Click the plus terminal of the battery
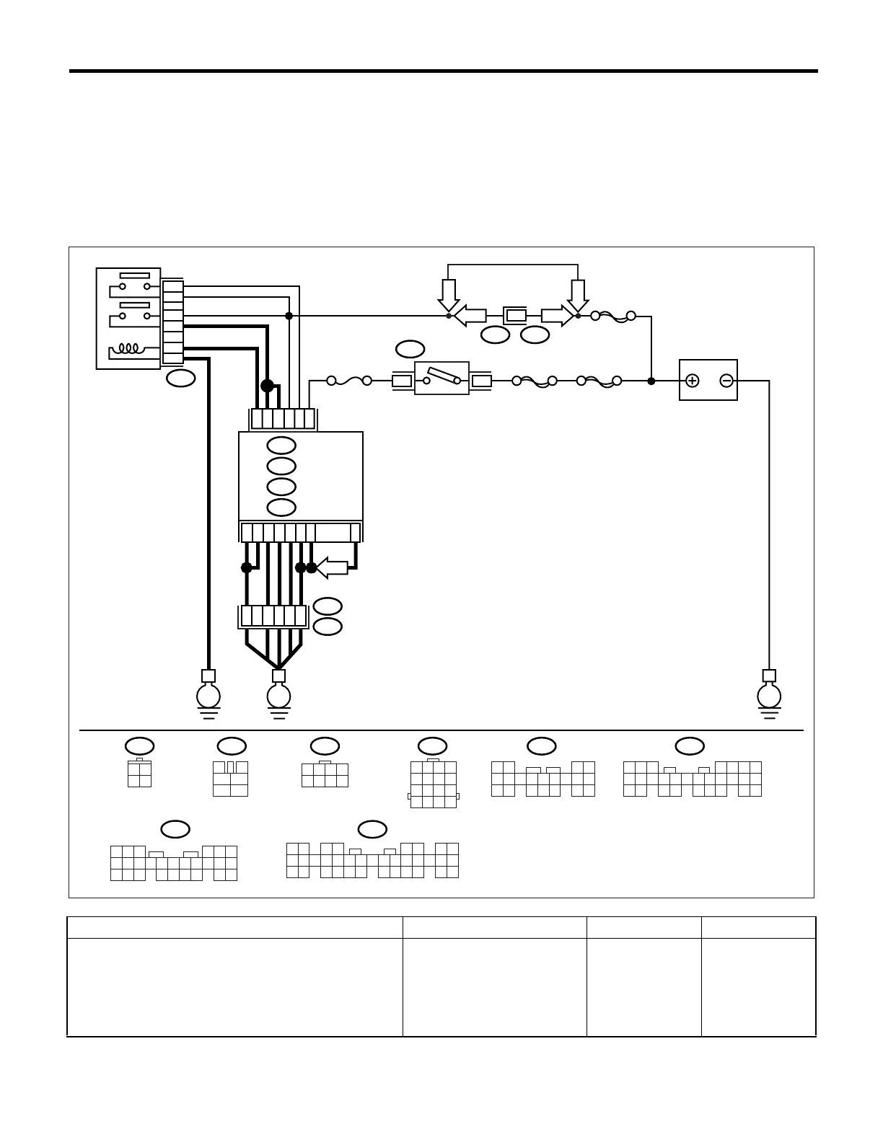pyautogui.click(x=692, y=381)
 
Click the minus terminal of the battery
pyautogui.click(x=726, y=381)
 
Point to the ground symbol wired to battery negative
pyautogui.click(x=769, y=697)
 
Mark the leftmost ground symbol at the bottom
pyautogui.click(x=208, y=697)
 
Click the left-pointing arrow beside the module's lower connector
pyautogui.click(x=331, y=567)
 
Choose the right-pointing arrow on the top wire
pyautogui.click(x=557, y=316)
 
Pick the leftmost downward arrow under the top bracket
pyautogui.click(x=449, y=294)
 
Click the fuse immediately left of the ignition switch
pyautogui.click(x=349, y=381)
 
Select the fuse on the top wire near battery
pyautogui.click(x=612, y=316)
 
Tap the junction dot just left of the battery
pyautogui.click(x=651, y=381)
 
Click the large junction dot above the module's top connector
pyautogui.click(x=267, y=386)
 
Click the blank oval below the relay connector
pyautogui.click(x=181, y=379)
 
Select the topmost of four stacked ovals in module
pyautogui.click(x=281, y=446)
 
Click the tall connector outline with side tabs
pyautogui.click(x=433, y=784)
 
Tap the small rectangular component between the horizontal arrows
pyautogui.click(x=515, y=315)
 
